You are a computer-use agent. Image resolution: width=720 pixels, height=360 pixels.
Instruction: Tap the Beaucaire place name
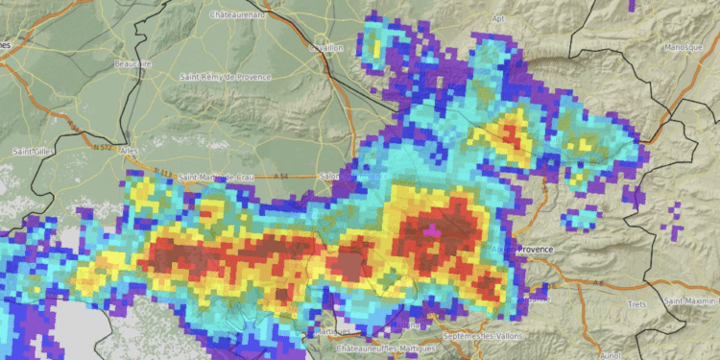point(132,63)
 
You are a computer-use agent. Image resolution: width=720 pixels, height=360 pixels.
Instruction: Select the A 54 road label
point(280,176)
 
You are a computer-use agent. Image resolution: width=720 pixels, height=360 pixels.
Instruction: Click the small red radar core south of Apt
point(509,133)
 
